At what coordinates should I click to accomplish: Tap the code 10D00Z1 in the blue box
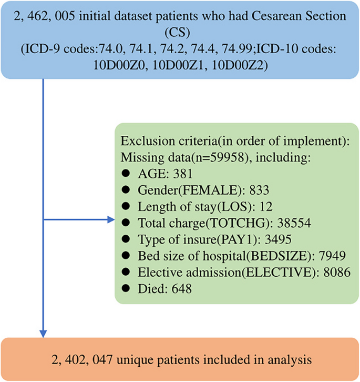point(178,65)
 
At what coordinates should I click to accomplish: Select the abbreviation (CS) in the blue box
point(177,33)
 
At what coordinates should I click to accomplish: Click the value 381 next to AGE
point(183,174)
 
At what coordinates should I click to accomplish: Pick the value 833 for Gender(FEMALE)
point(259,190)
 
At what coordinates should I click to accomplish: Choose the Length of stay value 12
point(266,206)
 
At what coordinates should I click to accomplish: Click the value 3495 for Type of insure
point(278,239)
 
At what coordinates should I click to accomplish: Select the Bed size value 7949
point(332,256)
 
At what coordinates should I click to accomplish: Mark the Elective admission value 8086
point(337,272)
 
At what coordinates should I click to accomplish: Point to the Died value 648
point(182,288)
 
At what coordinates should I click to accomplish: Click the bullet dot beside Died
point(126,288)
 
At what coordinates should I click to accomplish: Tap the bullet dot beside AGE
point(126,173)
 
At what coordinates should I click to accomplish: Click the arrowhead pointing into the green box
point(111,220)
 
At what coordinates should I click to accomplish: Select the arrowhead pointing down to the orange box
point(43,334)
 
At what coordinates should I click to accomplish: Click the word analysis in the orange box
point(290,360)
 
